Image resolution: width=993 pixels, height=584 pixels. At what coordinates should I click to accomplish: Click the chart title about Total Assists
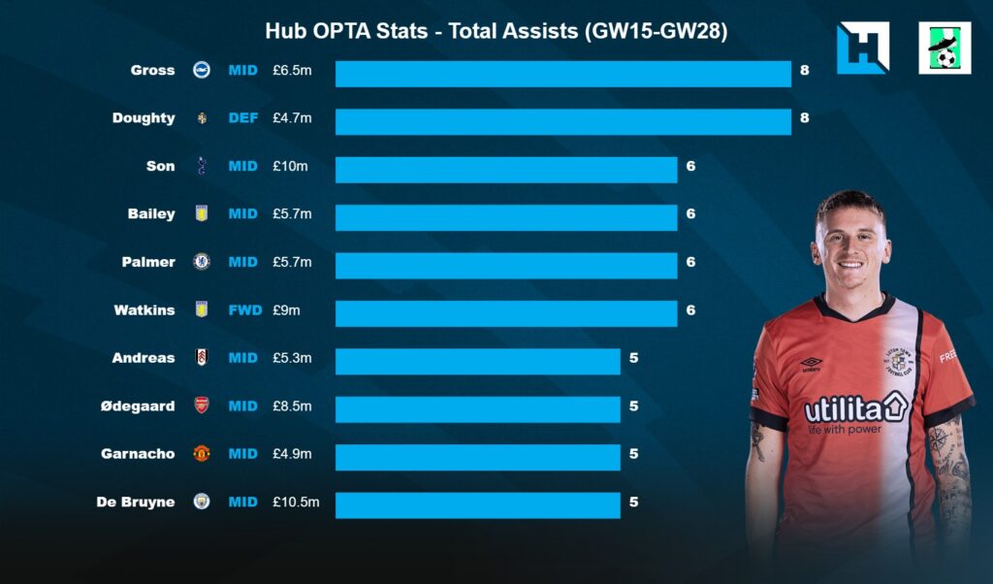[x=496, y=32]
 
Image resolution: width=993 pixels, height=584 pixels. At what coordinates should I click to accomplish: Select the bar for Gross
[x=562, y=74]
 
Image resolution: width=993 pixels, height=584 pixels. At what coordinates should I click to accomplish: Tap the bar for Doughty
[x=562, y=121]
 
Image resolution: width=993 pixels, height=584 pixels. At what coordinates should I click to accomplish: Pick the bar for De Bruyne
[x=477, y=504]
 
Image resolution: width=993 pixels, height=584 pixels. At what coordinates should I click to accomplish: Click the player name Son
[x=161, y=166]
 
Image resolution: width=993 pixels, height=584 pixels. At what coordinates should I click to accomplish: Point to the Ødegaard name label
[x=138, y=406]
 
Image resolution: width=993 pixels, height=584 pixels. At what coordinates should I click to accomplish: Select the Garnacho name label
[x=138, y=453]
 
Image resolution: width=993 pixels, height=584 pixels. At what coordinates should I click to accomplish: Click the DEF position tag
[x=242, y=118]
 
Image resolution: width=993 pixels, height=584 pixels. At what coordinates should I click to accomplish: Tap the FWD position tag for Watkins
[x=242, y=310]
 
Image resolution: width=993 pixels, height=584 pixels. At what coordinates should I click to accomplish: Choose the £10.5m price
[x=295, y=502]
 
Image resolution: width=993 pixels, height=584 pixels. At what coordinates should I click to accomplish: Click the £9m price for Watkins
[x=288, y=310]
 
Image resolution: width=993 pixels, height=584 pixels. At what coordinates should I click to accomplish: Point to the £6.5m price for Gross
[x=292, y=70]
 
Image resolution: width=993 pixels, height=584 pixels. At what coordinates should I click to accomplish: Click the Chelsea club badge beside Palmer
[x=202, y=262]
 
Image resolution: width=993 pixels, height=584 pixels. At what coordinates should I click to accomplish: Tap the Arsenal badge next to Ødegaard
[x=202, y=406]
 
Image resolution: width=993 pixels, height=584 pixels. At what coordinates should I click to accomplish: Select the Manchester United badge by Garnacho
[x=202, y=453]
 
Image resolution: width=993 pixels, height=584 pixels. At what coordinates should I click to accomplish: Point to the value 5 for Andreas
[x=633, y=358]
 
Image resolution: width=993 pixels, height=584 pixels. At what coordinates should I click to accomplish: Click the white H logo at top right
[x=862, y=49]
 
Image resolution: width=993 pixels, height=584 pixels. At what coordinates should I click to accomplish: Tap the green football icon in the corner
[x=945, y=49]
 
